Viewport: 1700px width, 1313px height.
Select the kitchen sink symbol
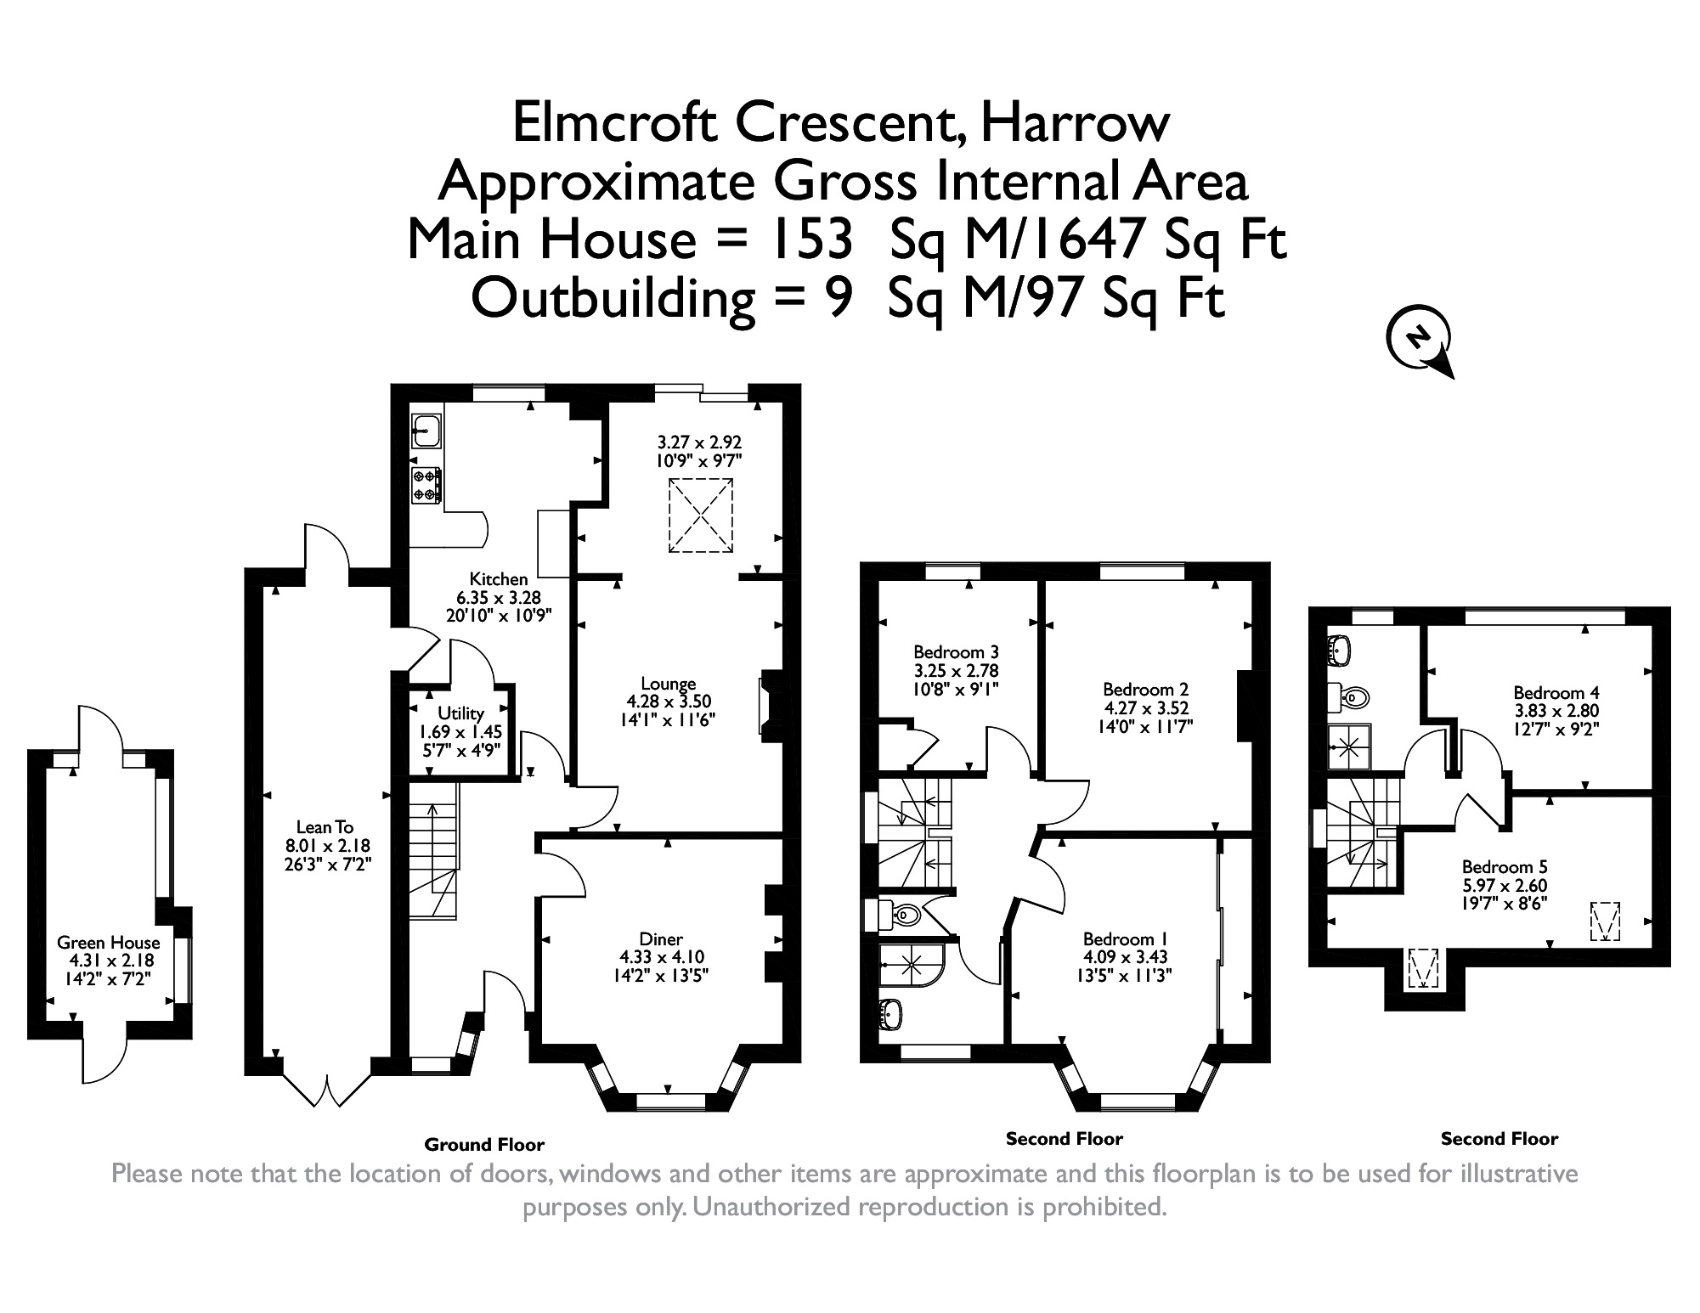point(426,431)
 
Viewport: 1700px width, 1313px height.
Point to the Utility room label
point(460,713)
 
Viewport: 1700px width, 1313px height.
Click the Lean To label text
point(325,827)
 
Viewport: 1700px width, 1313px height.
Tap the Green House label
point(108,943)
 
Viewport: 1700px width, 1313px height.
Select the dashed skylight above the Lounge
point(701,516)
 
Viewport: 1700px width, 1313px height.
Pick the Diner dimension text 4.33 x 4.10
point(661,957)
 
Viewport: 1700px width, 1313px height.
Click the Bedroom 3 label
point(956,652)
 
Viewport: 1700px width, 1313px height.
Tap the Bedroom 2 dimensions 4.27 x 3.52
point(1145,708)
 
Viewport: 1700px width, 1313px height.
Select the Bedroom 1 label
point(1125,939)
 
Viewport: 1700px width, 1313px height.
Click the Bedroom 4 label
point(1556,693)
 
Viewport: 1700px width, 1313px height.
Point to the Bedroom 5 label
point(1504,867)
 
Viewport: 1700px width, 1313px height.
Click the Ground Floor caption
point(484,1145)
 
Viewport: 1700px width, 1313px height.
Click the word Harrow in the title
point(1075,122)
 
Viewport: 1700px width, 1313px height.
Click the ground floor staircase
point(434,849)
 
